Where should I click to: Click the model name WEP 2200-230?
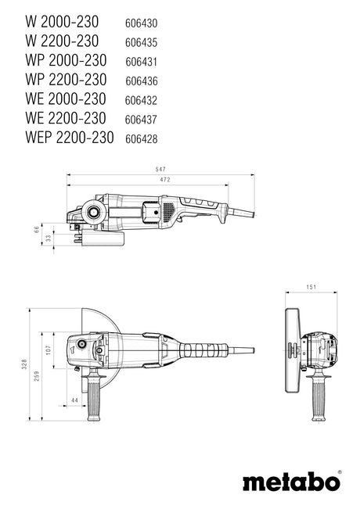click(70, 138)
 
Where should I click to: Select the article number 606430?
click(142, 23)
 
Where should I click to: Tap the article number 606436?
click(142, 81)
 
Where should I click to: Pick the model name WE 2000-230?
click(66, 99)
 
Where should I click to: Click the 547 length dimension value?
click(160, 169)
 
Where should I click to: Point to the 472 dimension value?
click(164, 180)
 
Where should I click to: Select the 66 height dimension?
click(37, 229)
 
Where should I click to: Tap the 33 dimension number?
click(49, 238)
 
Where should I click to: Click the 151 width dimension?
click(311, 287)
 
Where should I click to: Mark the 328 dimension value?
click(24, 364)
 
